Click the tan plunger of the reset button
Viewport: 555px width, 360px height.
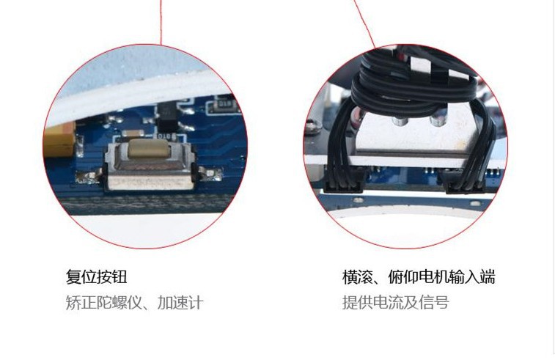pyautogui.click(x=149, y=148)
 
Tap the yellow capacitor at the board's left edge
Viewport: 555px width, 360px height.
pyautogui.click(x=59, y=139)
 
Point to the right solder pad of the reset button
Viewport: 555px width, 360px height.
pyautogui.click(x=211, y=174)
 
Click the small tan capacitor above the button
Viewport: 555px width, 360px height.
pyautogui.click(x=133, y=133)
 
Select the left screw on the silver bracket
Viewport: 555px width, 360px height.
pyautogui.click(x=400, y=121)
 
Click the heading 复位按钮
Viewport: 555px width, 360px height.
pyautogui.click(x=96, y=276)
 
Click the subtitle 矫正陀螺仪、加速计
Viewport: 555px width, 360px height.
pyautogui.click(x=135, y=303)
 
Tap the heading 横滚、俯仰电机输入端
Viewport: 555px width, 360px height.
pyautogui.click(x=419, y=276)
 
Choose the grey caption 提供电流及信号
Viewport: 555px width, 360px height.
pyautogui.click(x=395, y=303)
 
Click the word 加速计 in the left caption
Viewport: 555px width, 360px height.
pyautogui.click(x=180, y=303)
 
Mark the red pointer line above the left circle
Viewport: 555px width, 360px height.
pyautogui.click(x=161, y=22)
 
